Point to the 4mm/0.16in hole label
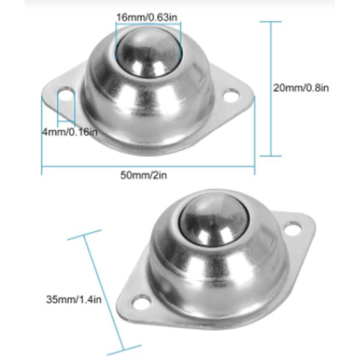[x=70, y=131]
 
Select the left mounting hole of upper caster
[x=65, y=94]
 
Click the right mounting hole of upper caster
[x=232, y=95]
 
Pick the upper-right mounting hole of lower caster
[x=292, y=228]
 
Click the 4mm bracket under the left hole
[x=65, y=117]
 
